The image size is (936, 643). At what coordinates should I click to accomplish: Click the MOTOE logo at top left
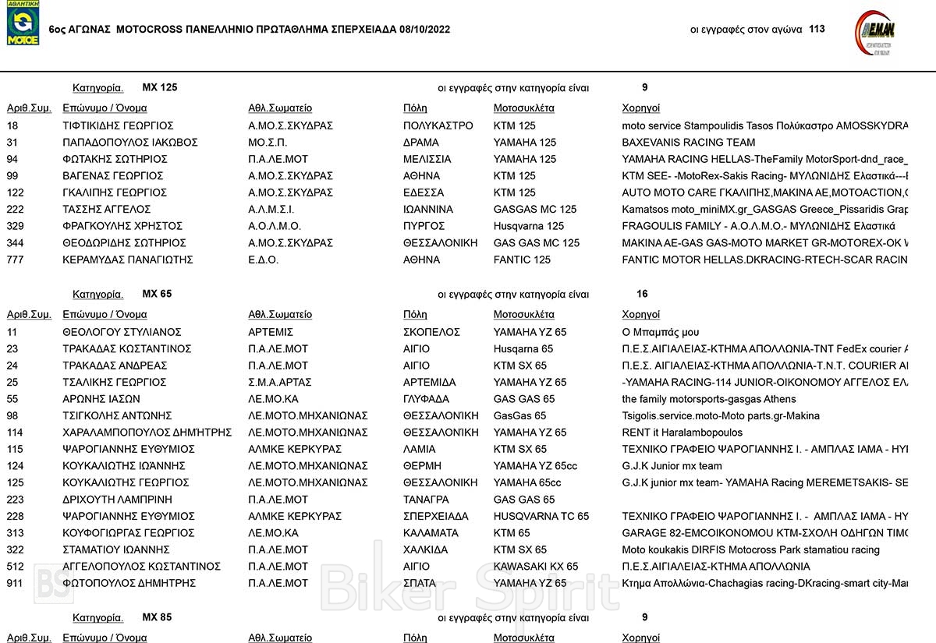tap(23, 24)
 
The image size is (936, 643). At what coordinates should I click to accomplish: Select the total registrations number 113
tap(817, 30)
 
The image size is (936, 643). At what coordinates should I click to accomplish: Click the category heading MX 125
tap(159, 87)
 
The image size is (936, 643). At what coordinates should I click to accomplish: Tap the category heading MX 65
tap(157, 294)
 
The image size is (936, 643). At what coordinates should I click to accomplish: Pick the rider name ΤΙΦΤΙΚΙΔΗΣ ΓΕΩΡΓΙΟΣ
tap(118, 125)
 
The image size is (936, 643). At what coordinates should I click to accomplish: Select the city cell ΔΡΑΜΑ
tap(421, 143)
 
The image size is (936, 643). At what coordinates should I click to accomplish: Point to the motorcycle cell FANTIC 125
tap(522, 260)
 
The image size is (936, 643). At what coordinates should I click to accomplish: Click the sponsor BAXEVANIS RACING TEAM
tap(688, 143)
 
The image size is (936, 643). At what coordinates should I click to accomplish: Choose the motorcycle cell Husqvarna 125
tap(528, 226)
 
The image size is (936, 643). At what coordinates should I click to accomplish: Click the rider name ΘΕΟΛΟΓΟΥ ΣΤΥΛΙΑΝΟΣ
tap(122, 332)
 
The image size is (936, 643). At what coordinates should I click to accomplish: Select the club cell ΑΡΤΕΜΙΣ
tap(271, 332)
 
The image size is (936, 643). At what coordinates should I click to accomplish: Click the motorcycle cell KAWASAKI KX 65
tap(536, 567)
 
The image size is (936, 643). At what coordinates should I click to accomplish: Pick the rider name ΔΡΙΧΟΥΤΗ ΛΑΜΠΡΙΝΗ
tap(117, 500)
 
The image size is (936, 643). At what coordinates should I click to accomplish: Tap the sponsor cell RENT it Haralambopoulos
tap(682, 433)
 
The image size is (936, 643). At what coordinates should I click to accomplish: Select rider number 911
tap(16, 583)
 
